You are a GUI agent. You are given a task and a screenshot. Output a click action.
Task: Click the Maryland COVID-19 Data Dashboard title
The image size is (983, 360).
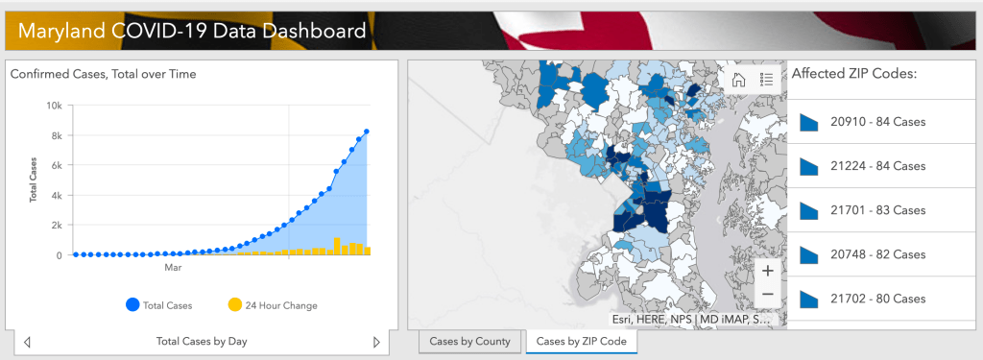pyautogui.click(x=191, y=31)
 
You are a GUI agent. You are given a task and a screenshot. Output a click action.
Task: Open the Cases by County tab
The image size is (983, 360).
pyautogui.click(x=470, y=341)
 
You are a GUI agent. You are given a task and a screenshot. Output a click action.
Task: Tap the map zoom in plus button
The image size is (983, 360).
pyautogui.click(x=767, y=272)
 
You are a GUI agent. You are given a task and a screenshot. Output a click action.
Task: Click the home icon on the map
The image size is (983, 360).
pyautogui.click(x=739, y=80)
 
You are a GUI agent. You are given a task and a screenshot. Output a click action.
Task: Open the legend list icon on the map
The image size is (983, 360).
pyautogui.click(x=766, y=80)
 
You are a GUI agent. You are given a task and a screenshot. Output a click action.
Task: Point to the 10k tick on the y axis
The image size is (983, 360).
pyautogui.click(x=56, y=106)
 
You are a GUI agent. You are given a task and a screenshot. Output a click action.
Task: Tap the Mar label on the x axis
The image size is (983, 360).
pyautogui.click(x=173, y=268)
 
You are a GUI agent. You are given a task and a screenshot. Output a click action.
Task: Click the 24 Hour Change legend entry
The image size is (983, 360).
pyautogui.click(x=272, y=305)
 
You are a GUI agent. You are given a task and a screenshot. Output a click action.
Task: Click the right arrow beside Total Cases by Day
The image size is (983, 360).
pyautogui.click(x=376, y=341)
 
